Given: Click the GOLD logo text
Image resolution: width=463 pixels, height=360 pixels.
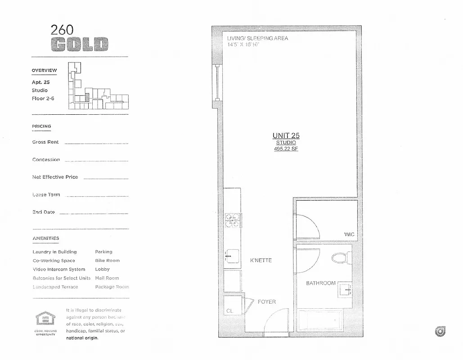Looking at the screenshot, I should point(79,45).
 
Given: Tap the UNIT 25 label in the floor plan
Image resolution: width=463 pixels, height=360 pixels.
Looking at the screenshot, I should point(286,135).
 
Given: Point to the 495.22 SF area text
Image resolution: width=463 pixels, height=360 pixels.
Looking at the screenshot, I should point(286,148).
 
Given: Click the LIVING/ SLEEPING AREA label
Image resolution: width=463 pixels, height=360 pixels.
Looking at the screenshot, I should point(257,38).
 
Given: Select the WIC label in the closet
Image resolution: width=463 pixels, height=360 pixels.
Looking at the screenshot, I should point(349,234).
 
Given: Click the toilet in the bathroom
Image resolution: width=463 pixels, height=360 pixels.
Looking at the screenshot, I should point(341,258).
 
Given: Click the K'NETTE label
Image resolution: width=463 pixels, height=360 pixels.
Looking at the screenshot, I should point(261,261).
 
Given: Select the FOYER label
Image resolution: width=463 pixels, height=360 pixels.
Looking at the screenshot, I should point(266,302).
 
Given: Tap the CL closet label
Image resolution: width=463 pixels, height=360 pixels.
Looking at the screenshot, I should point(229,311).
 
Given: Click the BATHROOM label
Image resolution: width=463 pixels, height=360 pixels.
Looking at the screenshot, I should point(321,283).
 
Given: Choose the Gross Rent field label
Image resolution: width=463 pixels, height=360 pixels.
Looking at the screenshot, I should point(45,142).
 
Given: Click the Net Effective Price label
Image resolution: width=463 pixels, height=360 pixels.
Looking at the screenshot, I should point(55,177).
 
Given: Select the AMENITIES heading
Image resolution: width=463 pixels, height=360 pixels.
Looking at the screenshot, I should point(45,238).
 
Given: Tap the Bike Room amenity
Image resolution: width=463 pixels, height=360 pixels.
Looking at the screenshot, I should point(107,261).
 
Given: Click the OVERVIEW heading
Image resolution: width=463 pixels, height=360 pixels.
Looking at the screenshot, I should point(44,70).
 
